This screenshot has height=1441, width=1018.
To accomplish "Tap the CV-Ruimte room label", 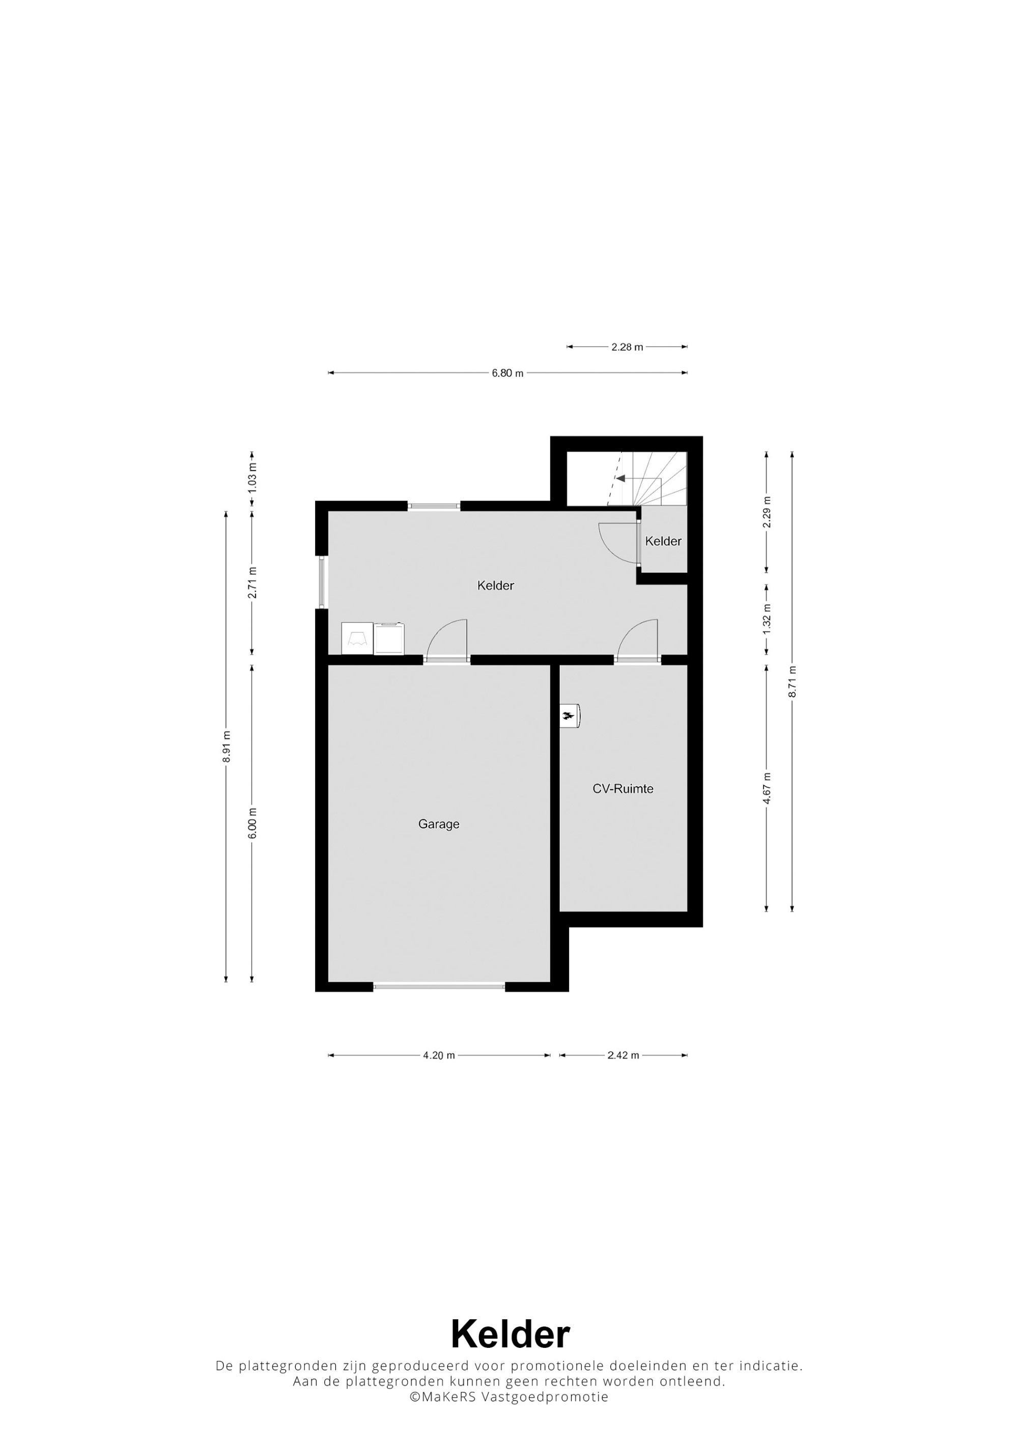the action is [623, 789].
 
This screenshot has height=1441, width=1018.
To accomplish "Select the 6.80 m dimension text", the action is [507, 373].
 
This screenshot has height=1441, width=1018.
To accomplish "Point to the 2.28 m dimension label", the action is [627, 347].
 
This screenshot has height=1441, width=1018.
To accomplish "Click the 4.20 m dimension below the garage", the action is [439, 1055].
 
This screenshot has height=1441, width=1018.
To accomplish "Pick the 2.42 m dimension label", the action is [624, 1055].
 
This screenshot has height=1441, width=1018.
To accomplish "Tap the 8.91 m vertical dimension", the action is [227, 747].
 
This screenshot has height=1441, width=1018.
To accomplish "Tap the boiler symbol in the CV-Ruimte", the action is [570, 715].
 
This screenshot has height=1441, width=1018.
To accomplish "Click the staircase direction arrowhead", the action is [620, 478].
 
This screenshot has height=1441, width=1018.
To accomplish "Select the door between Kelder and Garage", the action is [446, 640].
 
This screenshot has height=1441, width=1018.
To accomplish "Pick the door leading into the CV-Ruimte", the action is [637, 640].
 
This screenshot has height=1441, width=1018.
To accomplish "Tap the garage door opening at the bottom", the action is [439, 987].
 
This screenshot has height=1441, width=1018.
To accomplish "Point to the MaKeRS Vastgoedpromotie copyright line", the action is [508, 1397].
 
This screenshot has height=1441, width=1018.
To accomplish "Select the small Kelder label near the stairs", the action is [663, 541].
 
